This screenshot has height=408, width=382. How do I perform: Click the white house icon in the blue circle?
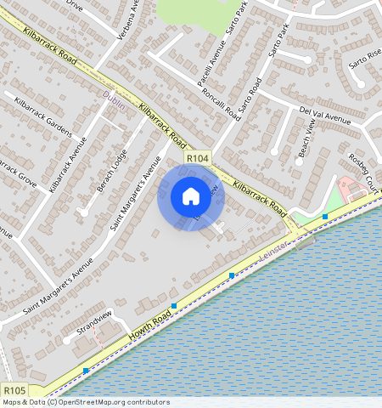pos(191,197)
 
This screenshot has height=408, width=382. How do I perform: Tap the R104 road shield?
pos(198,159)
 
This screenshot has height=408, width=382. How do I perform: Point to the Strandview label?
pos(94,320)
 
